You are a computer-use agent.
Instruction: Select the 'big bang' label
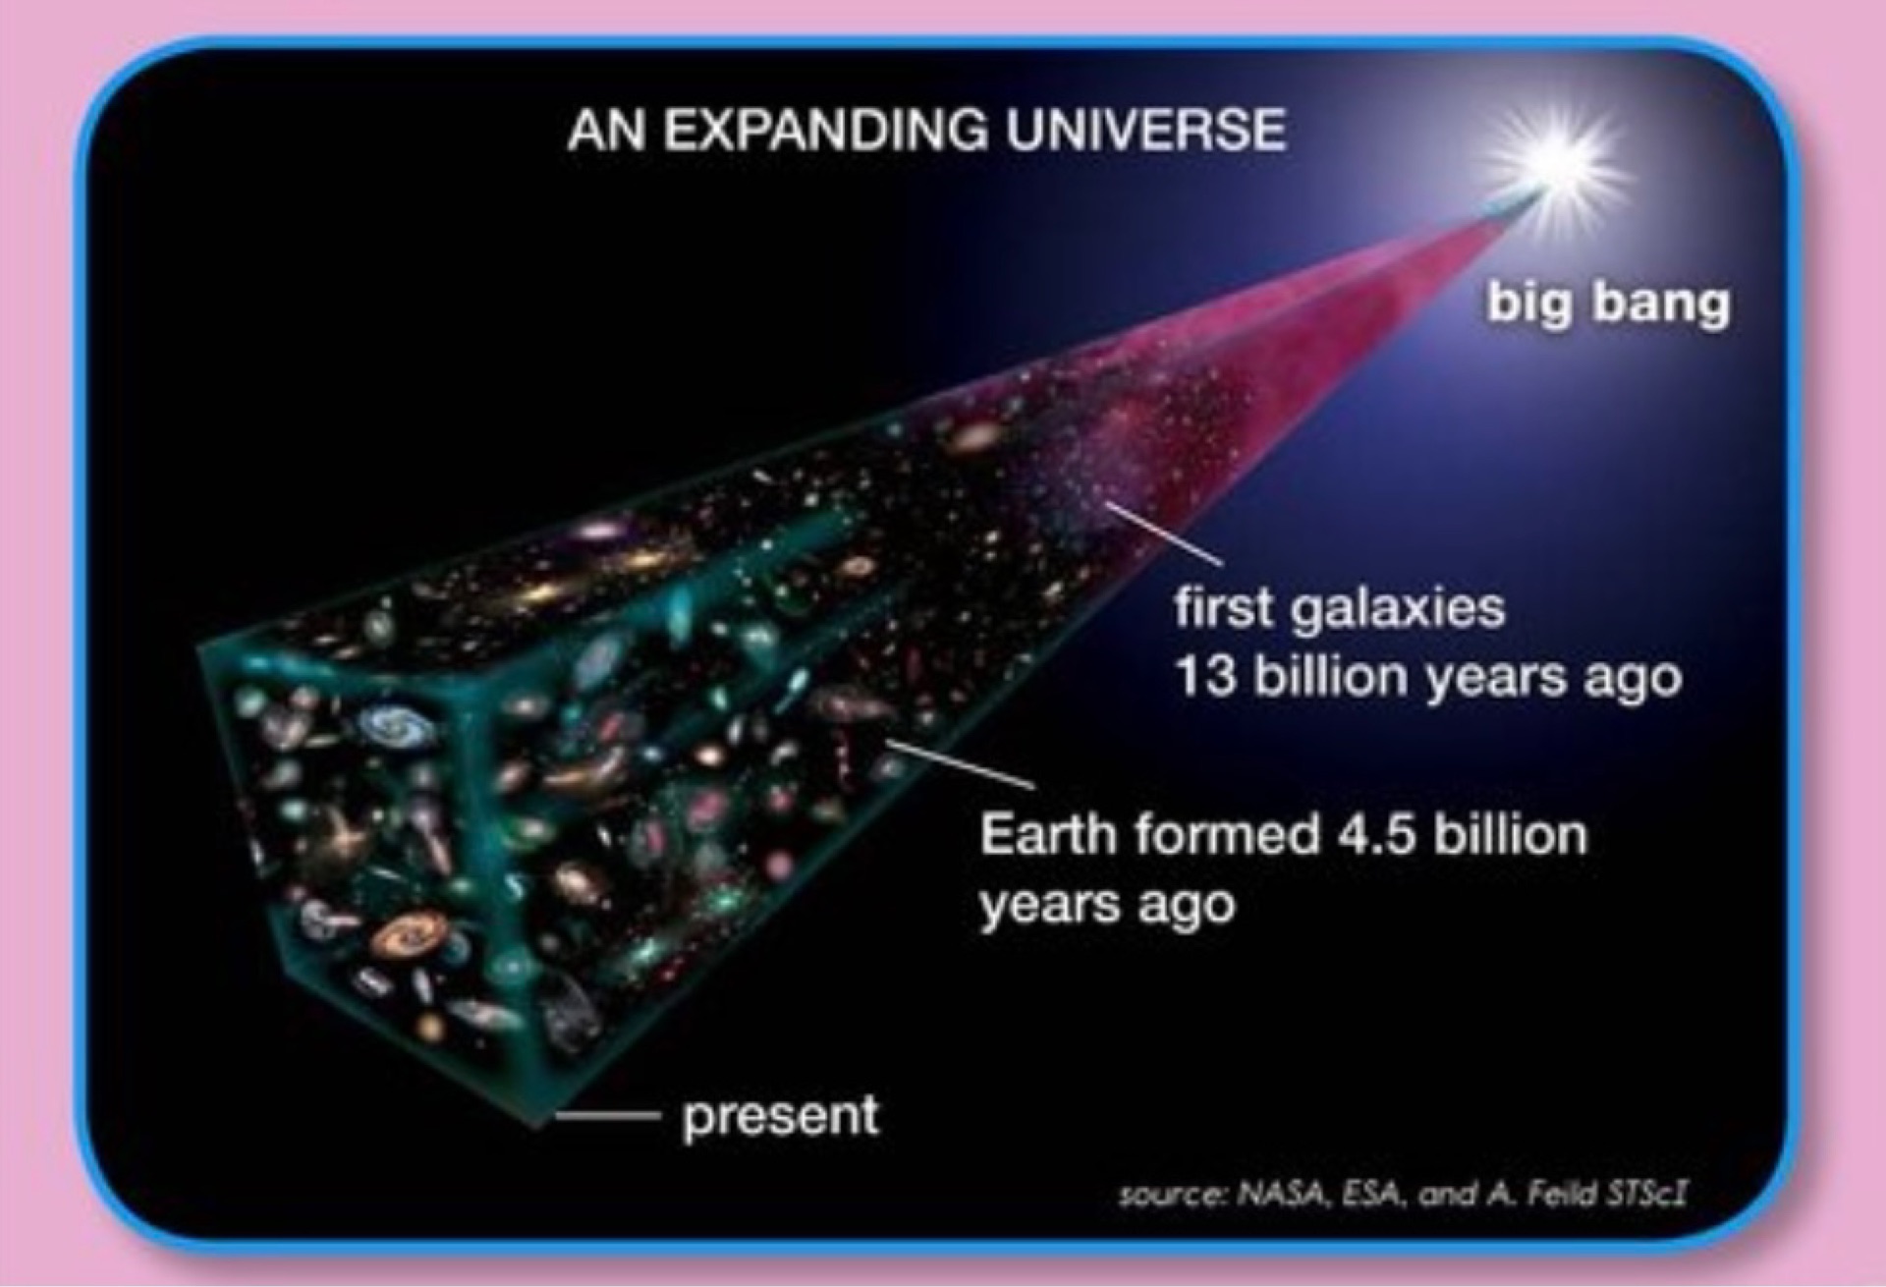click(1608, 302)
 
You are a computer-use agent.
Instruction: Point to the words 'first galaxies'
click(1340, 608)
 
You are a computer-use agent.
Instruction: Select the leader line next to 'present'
click(603, 1115)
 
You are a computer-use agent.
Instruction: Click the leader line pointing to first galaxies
click(1165, 534)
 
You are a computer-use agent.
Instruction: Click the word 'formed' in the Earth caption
click(1227, 835)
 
